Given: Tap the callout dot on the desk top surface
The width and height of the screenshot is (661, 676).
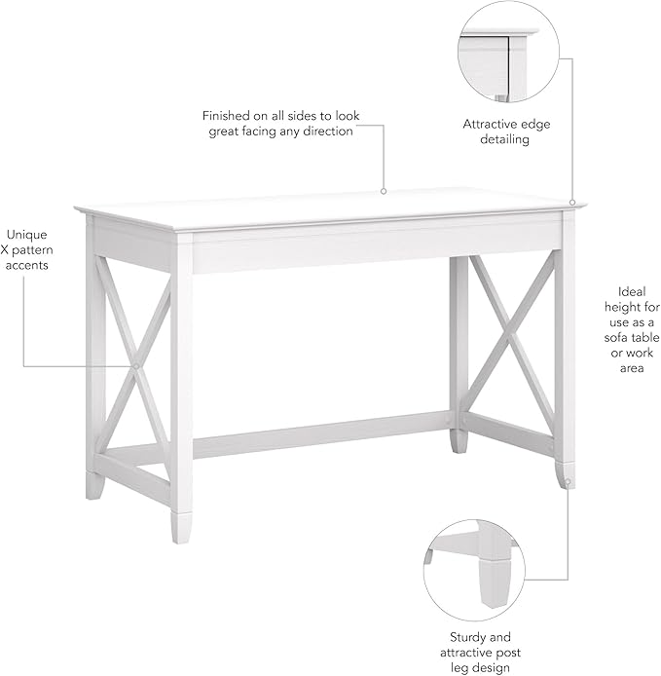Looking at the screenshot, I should (x=384, y=191).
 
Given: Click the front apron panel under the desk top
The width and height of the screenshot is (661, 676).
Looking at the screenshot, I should (x=370, y=247).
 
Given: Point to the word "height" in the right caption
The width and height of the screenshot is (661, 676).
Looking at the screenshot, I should (x=631, y=307).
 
